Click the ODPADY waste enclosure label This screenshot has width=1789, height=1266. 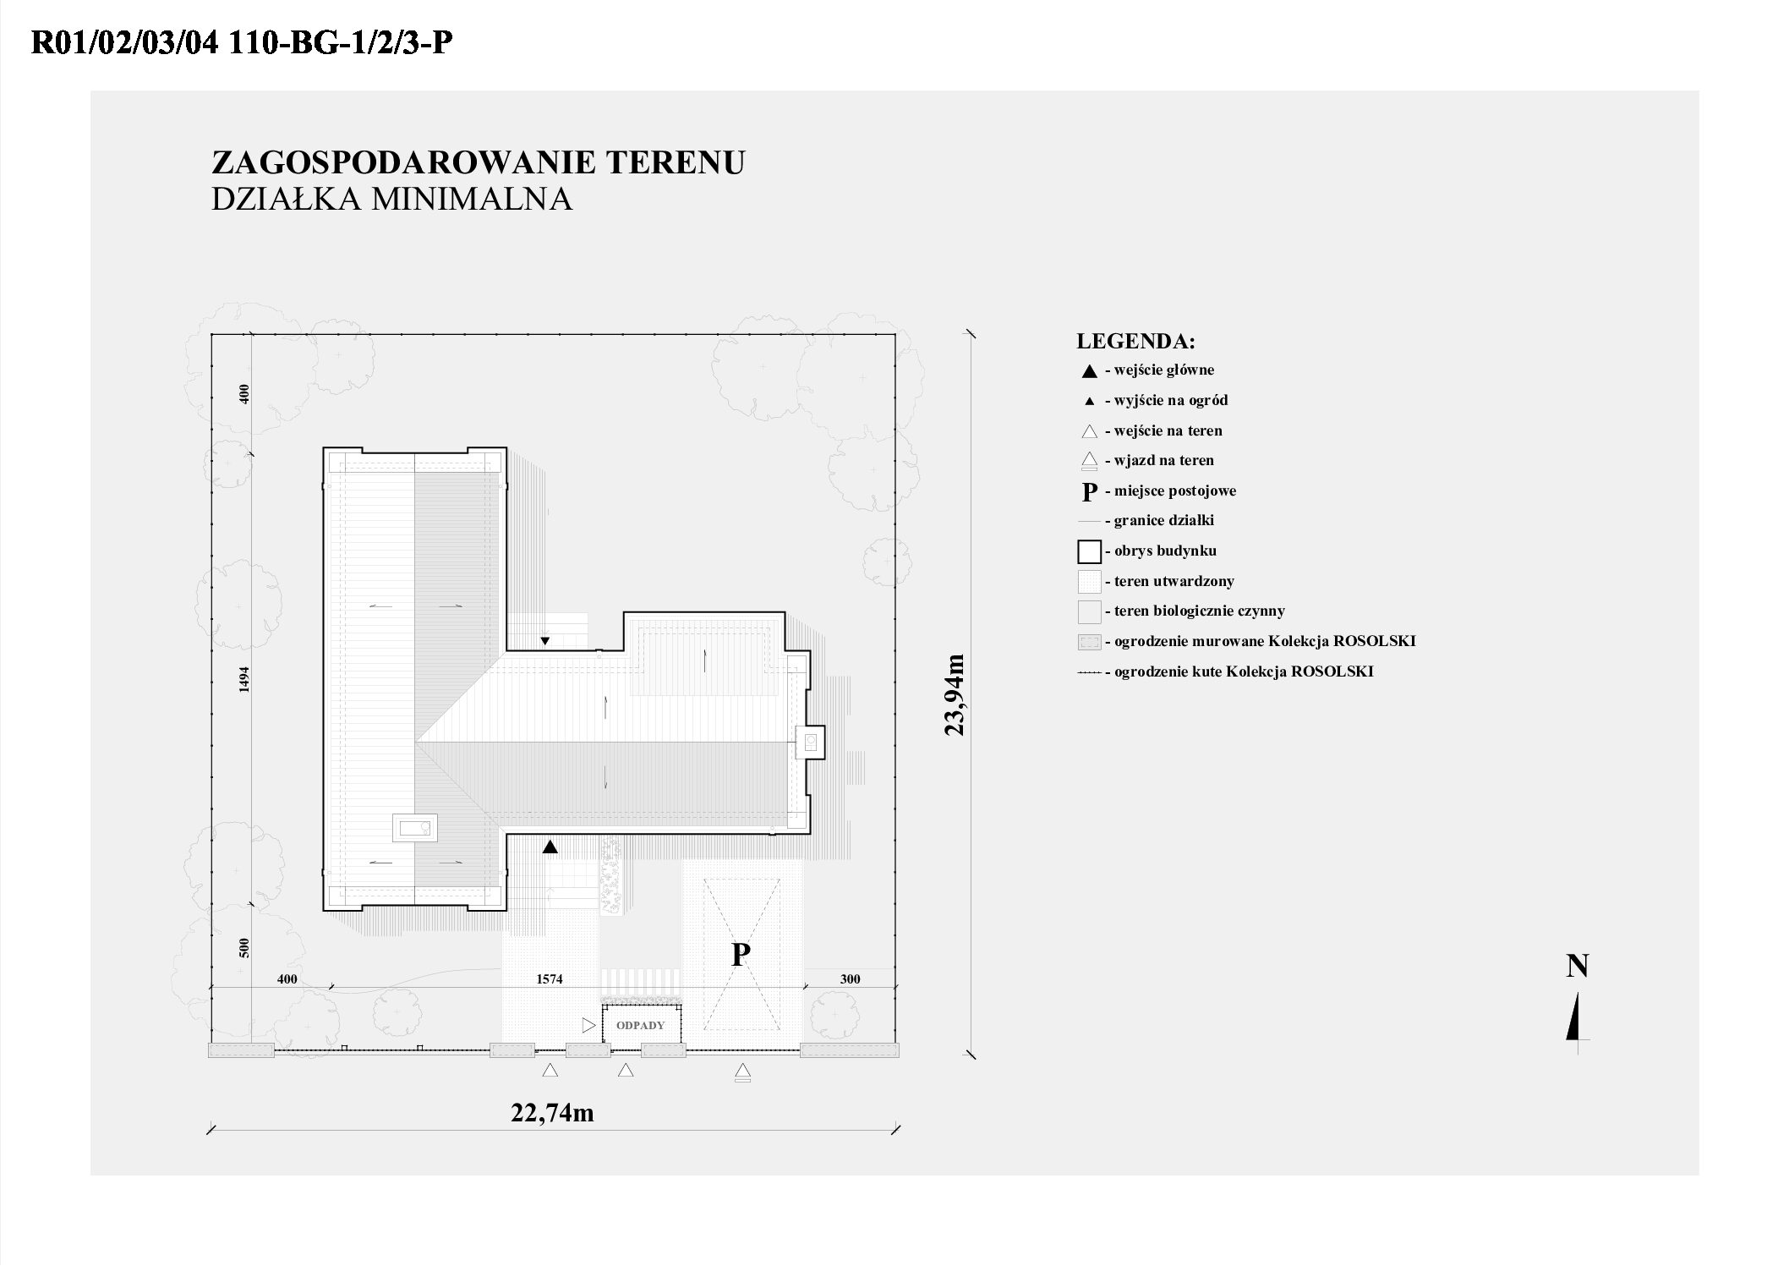click(641, 1025)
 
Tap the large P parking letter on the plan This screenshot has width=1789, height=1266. click(741, 955)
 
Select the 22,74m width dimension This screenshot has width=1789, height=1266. click(552, 1113)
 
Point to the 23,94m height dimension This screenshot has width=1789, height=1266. click(955, 694)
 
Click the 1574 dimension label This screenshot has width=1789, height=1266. click(550, 979)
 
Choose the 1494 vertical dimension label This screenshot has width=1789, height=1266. click(244, 679)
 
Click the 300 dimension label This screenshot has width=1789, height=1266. click(850, 979)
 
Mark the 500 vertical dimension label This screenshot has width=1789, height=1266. click(244, 947)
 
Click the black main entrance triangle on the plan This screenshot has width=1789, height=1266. click(550, 847)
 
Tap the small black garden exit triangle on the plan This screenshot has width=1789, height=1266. click(545, 640)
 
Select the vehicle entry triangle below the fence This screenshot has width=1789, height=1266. click(742, 1072)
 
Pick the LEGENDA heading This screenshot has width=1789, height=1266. click(1135, 342)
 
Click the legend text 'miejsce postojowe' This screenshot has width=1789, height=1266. click(1175, 491)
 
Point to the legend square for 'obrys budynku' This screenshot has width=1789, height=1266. click(1089, 551)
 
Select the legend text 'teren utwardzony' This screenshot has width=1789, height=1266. click(1174, 581)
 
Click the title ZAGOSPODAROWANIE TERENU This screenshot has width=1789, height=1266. click(478, 162)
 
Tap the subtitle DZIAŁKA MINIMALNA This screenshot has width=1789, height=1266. click(391, 199)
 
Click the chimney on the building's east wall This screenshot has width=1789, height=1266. click(809, 743)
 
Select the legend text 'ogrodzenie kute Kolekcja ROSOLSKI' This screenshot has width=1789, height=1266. click(1244, 671)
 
